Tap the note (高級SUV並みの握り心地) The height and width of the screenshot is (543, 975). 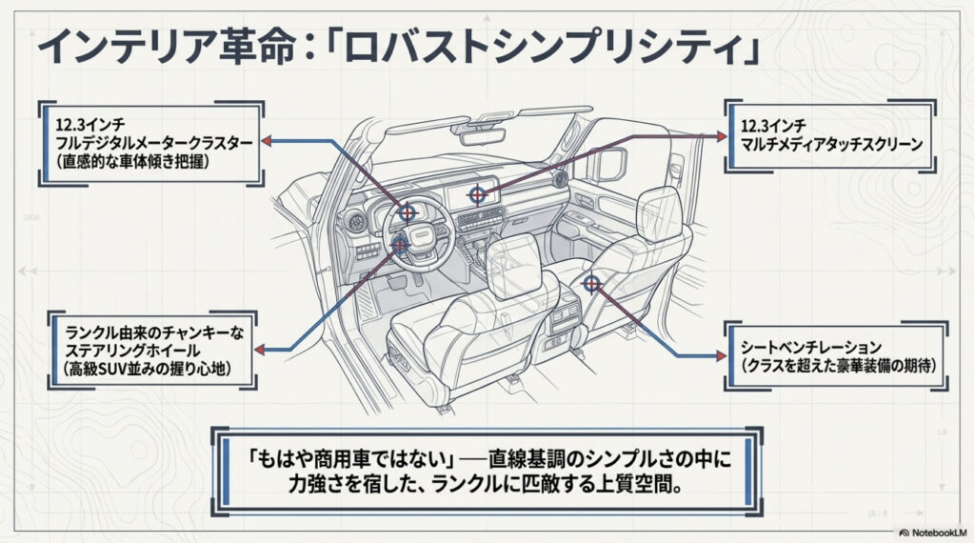tap(149, 368)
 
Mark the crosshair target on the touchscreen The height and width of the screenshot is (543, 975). tap(477, 194)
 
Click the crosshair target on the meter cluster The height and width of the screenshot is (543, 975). tap(408, 211)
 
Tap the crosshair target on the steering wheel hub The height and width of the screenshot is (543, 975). tap(400, 246)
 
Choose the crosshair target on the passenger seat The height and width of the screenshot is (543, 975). tap(590, 283)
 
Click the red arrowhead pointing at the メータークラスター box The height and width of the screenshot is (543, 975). tap(269, 140)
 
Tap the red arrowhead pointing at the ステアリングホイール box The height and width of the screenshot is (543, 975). tap(266, 350)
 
